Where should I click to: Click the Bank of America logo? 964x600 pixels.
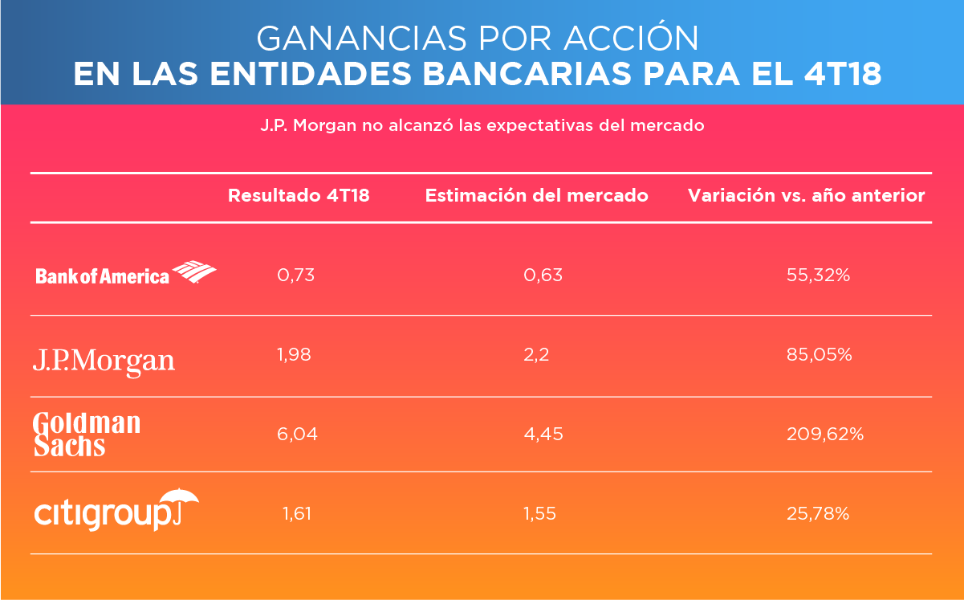point(125,274)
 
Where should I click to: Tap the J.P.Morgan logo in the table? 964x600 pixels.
point(104,359)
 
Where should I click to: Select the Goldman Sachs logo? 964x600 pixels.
point(87,435)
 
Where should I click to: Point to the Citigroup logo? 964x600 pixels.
point(116,509)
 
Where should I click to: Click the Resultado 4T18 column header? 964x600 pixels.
point(299,195)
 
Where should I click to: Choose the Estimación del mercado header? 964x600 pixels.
point(536,195)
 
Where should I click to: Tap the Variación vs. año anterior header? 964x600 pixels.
point(806,195)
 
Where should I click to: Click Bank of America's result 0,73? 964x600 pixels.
point(295,275)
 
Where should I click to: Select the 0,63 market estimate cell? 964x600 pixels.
point(543,275)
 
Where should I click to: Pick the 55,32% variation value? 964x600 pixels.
point(819,275)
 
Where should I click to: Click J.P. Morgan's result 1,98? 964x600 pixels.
point(295,354)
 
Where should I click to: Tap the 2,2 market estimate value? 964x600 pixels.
point(536,354)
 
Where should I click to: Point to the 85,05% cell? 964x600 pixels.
point(819,354)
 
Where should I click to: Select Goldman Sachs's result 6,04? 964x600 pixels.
point(297,434)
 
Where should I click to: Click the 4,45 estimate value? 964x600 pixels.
point(543,434)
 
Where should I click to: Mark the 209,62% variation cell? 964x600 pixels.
point(824,434)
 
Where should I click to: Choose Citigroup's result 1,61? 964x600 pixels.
point(295,513)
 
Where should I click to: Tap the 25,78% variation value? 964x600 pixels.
point(819,513)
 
